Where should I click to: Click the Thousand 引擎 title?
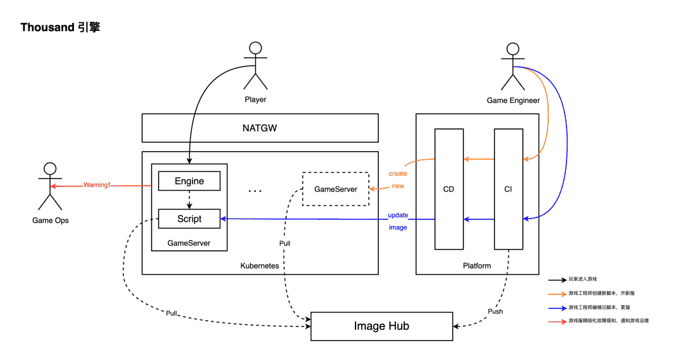[x=60, y=28]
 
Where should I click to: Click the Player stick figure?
[x=255, y=66]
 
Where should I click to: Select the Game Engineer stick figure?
[x=513, y=66]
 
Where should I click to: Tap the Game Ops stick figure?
[x=50, y=186]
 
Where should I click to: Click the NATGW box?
[x=260, y=128]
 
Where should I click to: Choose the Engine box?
[x=189, y=181]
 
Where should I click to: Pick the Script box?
[x=189, y=219]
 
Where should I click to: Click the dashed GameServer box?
[x=335, y=189]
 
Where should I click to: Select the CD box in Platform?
[x=448, y=189]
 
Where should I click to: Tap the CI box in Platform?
[x=508, y=189]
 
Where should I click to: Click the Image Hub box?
[x=381, y=326]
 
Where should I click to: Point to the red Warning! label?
[x=97, y=186]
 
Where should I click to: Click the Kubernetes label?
[x=260, y=266]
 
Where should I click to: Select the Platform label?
[x=477, y=266]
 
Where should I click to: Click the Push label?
[x=496, y=312]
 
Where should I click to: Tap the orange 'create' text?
[x=398, y=174]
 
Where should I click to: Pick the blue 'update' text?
[x=398, y=215]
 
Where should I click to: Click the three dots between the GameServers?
[x=255, y=189]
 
